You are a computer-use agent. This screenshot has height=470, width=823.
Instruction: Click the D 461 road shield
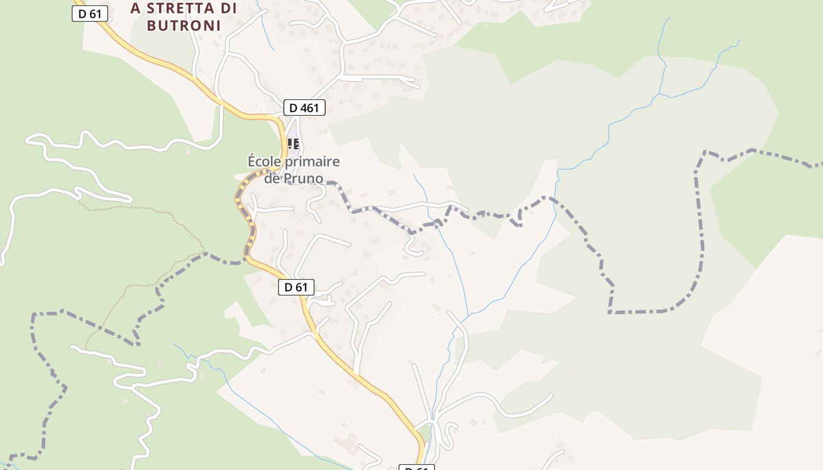click(304, 108)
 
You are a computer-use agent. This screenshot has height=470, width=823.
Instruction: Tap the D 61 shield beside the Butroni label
click(90, 14)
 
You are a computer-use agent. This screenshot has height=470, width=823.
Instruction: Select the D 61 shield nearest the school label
click(296, 287)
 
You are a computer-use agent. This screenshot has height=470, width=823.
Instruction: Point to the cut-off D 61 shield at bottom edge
click(417, 468)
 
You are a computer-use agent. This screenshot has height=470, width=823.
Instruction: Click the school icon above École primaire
click(293, 143)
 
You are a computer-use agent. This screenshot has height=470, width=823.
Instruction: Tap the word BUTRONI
click(175, 25)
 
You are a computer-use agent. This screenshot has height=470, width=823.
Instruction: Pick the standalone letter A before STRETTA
click(136, 8)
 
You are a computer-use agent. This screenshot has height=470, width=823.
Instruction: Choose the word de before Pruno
click(272, 178)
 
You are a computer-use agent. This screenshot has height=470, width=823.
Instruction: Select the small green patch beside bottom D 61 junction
click(427, 434)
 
